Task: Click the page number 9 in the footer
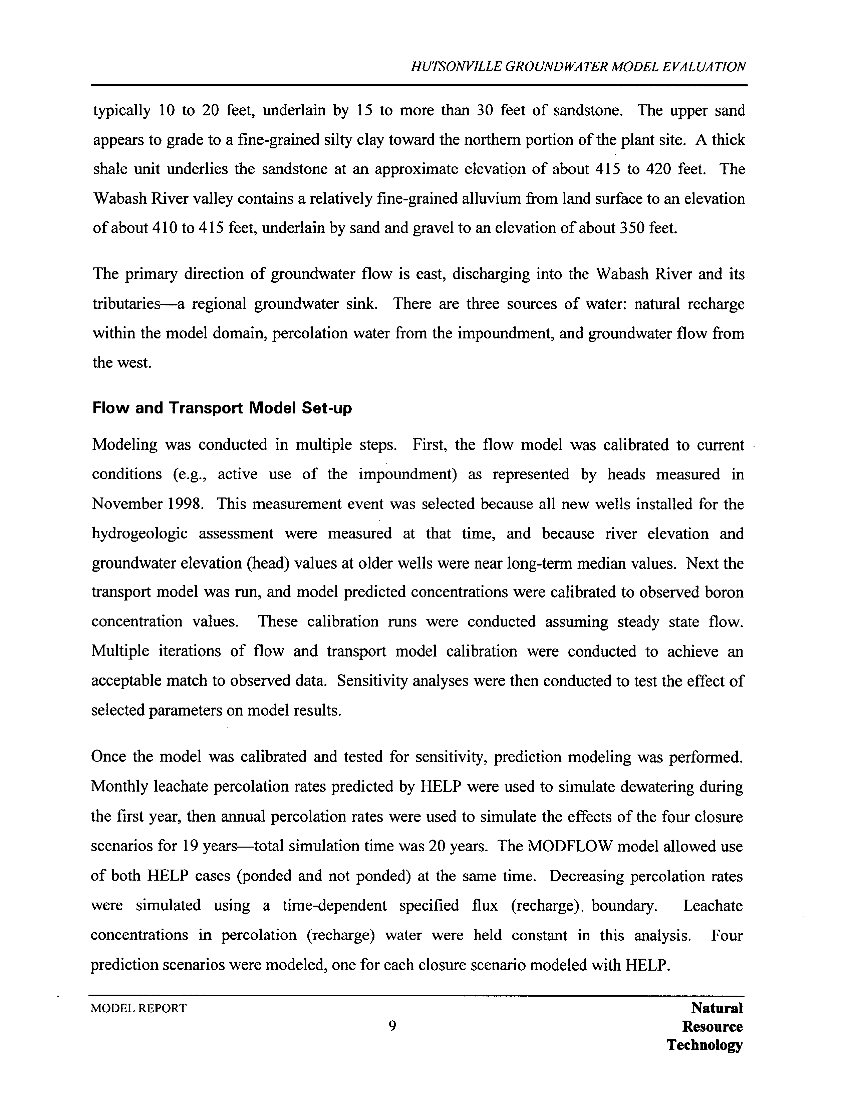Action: tap(392, 1026)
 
